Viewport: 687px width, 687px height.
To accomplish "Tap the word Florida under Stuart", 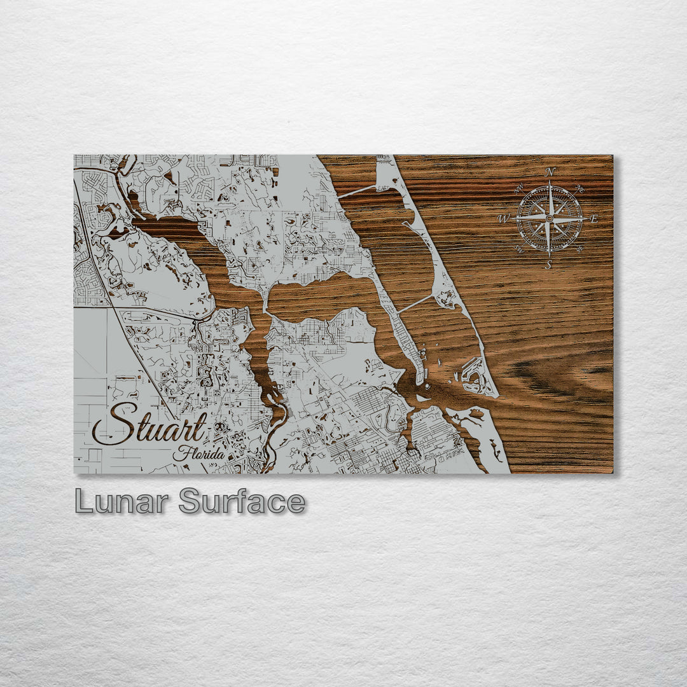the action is pyautogui.click(x=198, y=454).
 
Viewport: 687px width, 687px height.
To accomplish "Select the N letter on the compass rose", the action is pyautogui.click(x=551, y=172).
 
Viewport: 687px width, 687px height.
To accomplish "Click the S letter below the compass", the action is pyautogui.click(x=548, y=265).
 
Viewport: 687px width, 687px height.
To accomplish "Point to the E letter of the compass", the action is pyautogui.click(x=594, y=219).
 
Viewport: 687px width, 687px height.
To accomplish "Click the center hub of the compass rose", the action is pyautogui.click(x=549, y=219).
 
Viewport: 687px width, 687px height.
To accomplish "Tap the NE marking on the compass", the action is pyautogui.click(x=579, y=188).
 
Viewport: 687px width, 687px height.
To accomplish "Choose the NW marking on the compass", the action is pyautogui.click(x=518, y=188).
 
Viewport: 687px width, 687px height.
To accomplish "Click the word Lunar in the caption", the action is pyautogui.click(x=121, y=501).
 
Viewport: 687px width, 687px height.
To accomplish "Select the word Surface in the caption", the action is pyautogui.click(x=242, y=501).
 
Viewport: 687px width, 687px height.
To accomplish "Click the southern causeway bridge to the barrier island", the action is pyautogui.click(x=415, y=304).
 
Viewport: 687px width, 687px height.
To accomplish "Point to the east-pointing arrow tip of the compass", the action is pyautogui.click(x=586, y=219).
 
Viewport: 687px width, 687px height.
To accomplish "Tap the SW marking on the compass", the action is pyautogui.click(x=518, y=249).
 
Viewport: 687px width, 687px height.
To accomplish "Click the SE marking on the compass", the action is pyautogui.click(x=579, y=249).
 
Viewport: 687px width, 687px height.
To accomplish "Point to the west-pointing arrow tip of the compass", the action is pyautogui.click(x=512, y=219).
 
